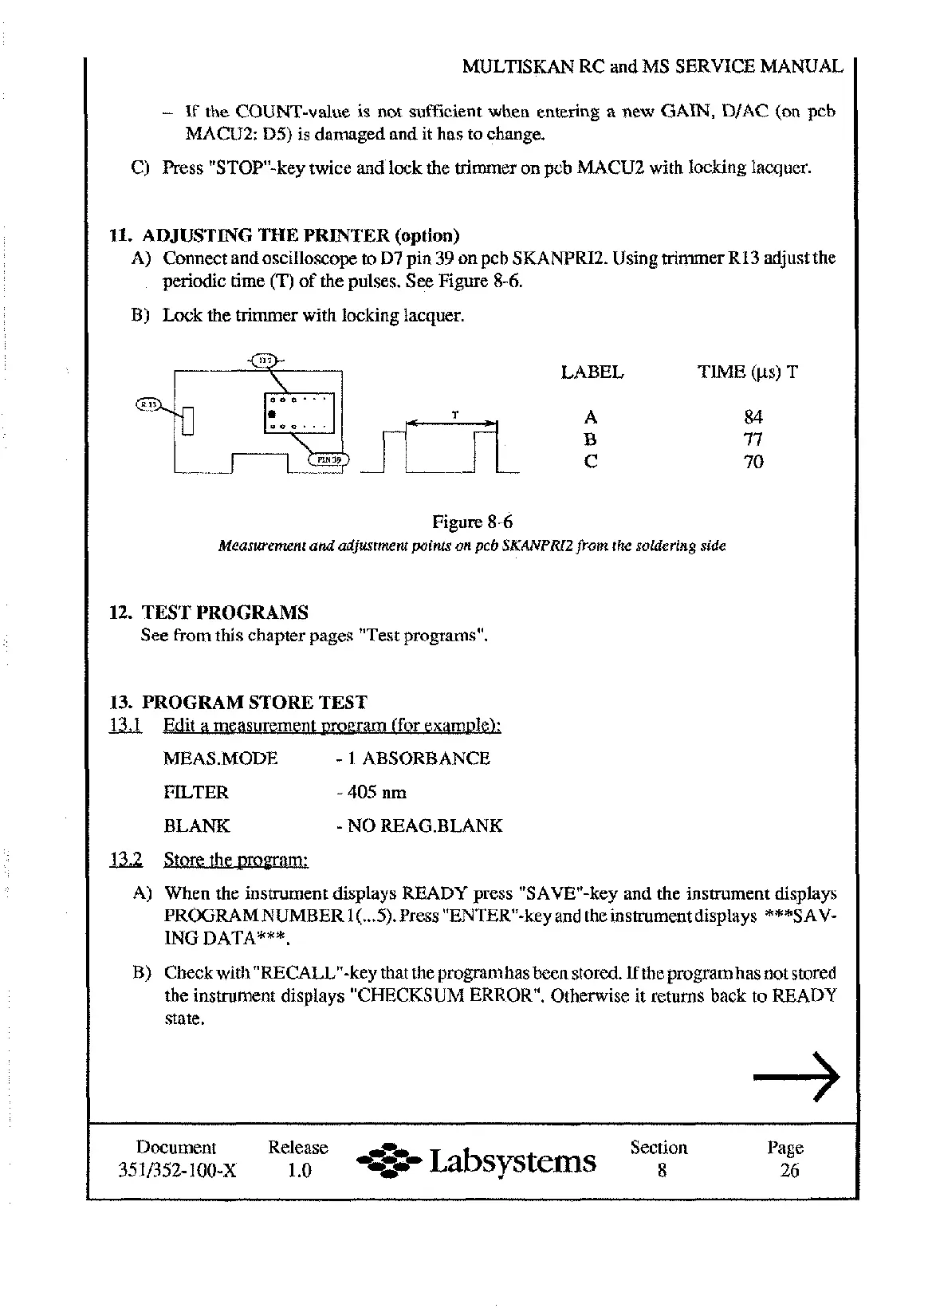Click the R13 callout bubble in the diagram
pyautogui.click(x=148, y=404)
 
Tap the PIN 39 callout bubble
pyautogui.click(x=328, y=459)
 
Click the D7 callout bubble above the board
pyautogui.click(x=265, y=360)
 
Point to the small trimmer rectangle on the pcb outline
pyautogui.click(x=188, y=420)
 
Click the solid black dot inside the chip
pyautogui.click(x=272, y=414)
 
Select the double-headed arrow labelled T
pyautogui.click(x=451, y=424)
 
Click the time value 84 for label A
pyautogui.click(x=753, y=417)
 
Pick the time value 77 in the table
pyautogui.click(x=753, y=439)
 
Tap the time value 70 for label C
pyautogui.click(x=753, y=462)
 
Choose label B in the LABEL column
pyautogui.click(x=591, y=439)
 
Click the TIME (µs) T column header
pyautogui.click(x=747, y=372)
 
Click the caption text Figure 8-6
pyautogui.click(x=472, y=522)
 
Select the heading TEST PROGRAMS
pyautogui.click(x=225, y=613)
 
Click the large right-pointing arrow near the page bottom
pyautogui.click(x=796, y=1077)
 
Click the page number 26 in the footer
pyautogui.click(x=789, y=1171)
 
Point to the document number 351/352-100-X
pyautogui.click(x=175, y=1171)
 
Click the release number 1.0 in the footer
pyautogui.click(x=298, y=1171)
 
